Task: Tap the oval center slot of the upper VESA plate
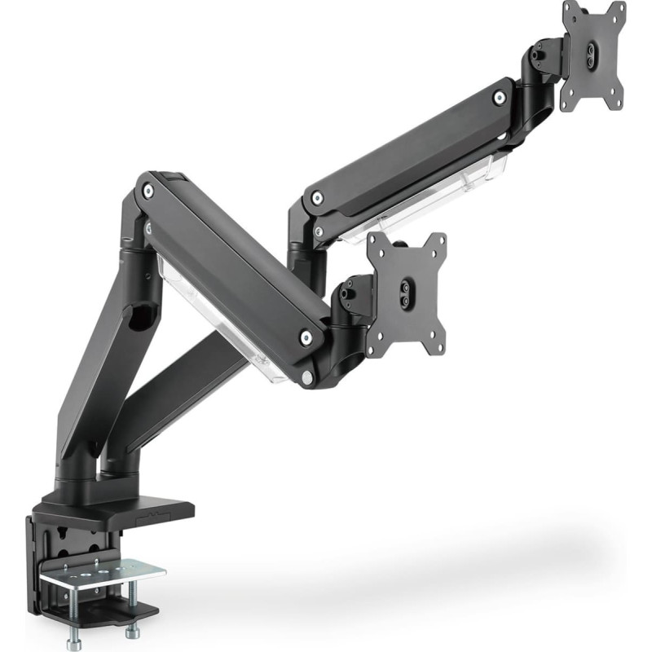(592, 55)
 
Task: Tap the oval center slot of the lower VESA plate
(405, 294)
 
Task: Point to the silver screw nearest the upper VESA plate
(499, 98)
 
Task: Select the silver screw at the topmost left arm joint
(148, 191)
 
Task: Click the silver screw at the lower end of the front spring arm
(306, 337)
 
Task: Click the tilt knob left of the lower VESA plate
(350, 289)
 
